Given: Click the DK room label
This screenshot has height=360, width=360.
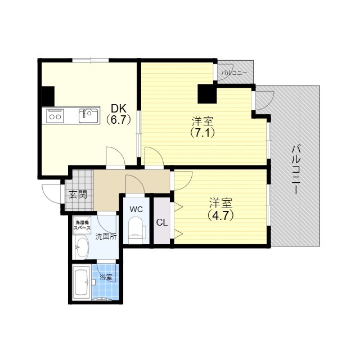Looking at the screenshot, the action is pyautogui.click(x=119, y=108).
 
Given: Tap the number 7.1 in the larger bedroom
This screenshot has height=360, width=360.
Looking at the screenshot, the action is pyautogui.click(x=202, y=133).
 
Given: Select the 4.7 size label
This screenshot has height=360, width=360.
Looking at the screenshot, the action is pyautogui.click(x=220, y=215).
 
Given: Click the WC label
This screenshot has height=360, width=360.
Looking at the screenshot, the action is pyautogui.click(x=136, y=209).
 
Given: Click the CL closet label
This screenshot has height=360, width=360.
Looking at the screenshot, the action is pyautogui.click(x=162, y=223).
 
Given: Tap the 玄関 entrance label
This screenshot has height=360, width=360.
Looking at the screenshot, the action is pyautogui.click(x=78, y=195).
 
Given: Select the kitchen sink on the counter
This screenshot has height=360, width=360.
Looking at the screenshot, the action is pyautogui.click(x=88, y=116).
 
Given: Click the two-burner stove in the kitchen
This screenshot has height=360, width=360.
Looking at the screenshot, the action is pyautogui.click(x=55, y=116).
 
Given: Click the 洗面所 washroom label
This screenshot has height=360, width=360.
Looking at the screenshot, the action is pyautogui.click(x=106, y=236).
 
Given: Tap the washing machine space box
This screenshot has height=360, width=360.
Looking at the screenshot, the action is pyautogui.click(x=82, y=225).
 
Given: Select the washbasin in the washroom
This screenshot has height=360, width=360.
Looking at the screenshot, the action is pyautogui.click(x=82, y=247).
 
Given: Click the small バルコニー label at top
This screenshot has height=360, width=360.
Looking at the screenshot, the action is pyautogui.click(x=234, y=73).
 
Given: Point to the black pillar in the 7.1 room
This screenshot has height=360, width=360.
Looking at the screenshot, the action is pyautogui.click(x=207, y=94).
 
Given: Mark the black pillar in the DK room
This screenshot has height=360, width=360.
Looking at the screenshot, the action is pyautogui.click(x=48, y=96).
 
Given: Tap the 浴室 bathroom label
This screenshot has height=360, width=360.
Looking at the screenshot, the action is pyautogui.click(x=106, y=277).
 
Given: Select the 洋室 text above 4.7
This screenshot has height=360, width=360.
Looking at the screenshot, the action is pyautogui.click(x=220, y=203).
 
